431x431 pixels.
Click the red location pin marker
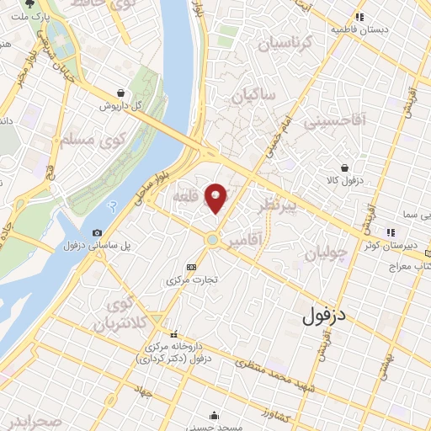[x=216, y=199]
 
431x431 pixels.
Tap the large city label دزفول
[x=325, y=317]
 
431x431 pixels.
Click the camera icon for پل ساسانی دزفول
[x=98, y=233]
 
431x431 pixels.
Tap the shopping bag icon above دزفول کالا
[x=345, y=168]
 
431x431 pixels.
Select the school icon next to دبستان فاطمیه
[x=359, y=17]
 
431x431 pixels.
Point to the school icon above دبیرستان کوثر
[x=389, y=231]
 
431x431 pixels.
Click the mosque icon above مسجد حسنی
[x=216, y=414]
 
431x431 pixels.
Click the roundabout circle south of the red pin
[x=213, y=241]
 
